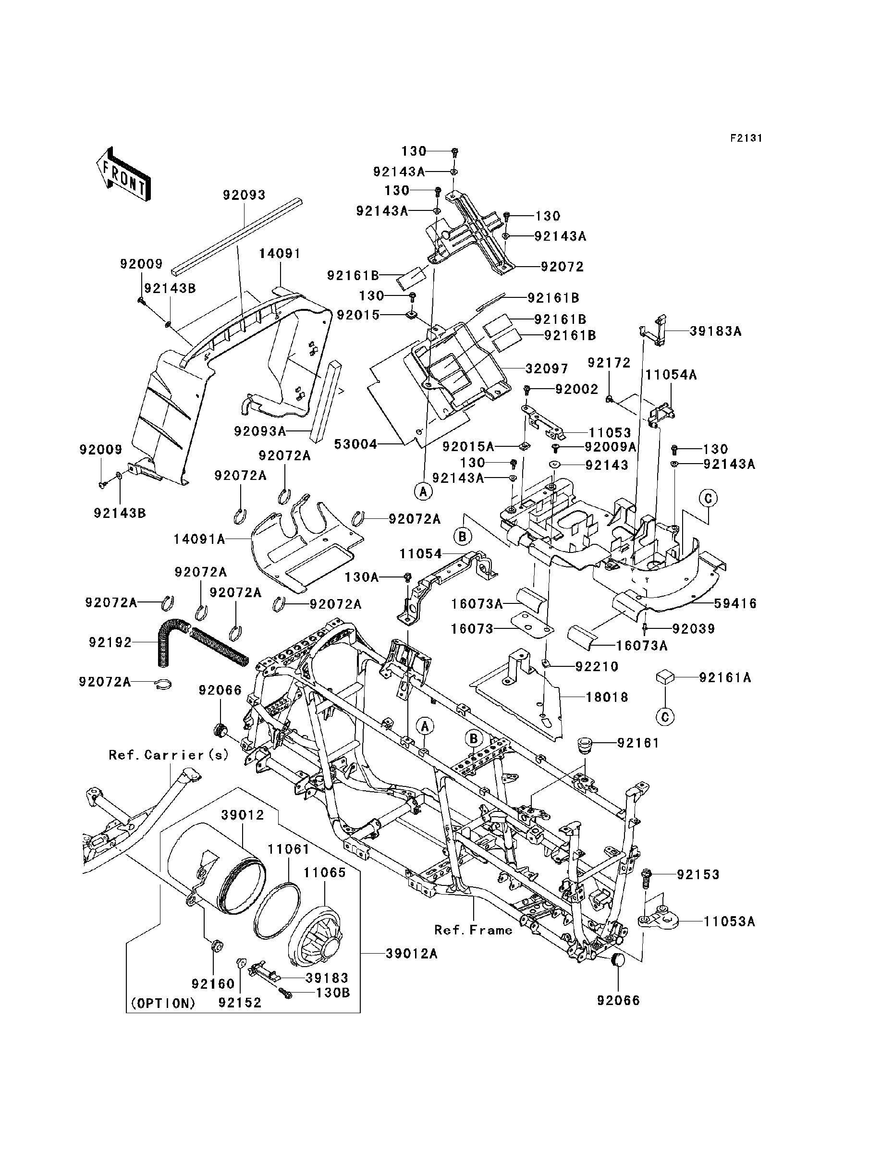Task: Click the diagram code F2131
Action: click(x=746, y=138)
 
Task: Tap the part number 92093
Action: click(x=245, y=195)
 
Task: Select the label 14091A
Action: click(x=199, y=539)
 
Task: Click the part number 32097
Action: click(x=547, y=368)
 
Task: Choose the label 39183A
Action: click(x=716, y=331)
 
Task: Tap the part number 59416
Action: click(x=735, y=603)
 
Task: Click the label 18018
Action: click(x=607, y=698)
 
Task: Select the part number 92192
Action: click(x=110, y=642)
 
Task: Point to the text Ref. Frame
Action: click(x=473, y=930)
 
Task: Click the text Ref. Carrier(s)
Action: click(x=169, y=755)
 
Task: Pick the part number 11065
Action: click(x=325, y=872)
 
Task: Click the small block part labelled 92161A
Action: click(x=665, y=677)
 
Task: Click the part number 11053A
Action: click(x=730, y=921)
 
